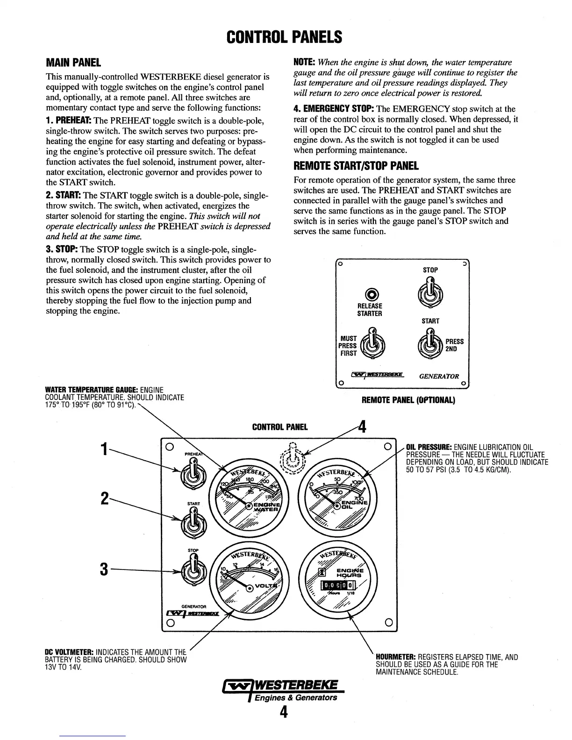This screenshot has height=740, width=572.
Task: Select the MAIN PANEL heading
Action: [73, 63]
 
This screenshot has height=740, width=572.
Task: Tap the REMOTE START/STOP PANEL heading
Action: [356, 165]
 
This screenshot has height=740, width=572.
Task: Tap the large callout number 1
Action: [105, 450]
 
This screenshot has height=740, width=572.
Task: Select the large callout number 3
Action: [104, 569]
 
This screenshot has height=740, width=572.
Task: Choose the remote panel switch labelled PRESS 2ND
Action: [430, 344]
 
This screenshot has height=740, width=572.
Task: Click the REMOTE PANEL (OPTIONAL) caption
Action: [408, 400]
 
